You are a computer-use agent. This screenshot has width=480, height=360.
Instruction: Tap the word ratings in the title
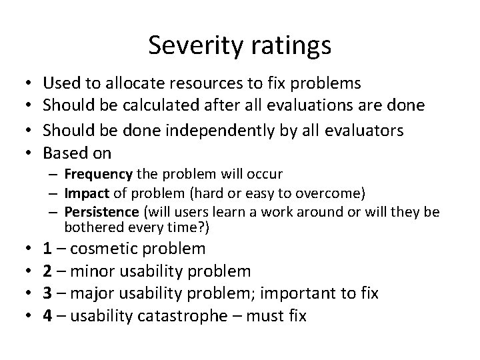(288, 47)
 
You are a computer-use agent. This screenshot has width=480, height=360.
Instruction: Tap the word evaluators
(361, 131)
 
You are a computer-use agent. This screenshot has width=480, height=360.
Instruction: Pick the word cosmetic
(106, 249)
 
